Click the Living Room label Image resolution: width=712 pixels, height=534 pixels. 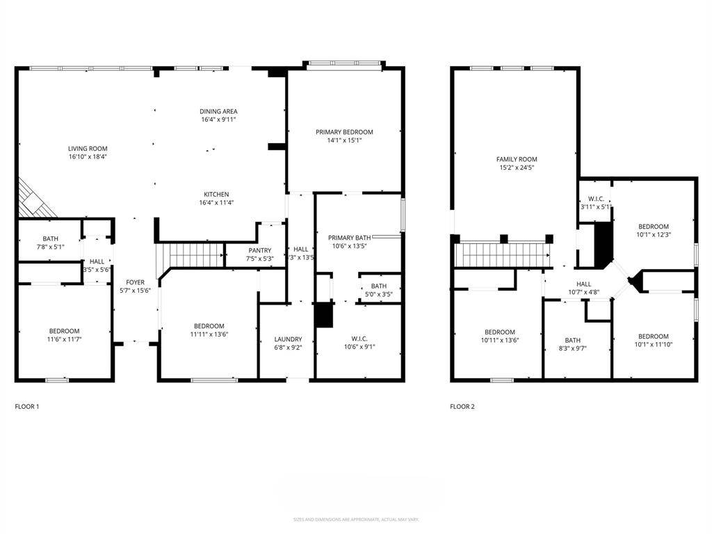(x=88, y=148)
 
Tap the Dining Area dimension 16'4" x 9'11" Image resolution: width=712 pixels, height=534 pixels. (x=219, y=120)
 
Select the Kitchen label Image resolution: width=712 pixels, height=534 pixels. (x=216, y=194)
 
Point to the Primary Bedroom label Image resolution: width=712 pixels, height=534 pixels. (x=344, y=131)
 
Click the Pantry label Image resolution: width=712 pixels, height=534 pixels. (x=259, y=250)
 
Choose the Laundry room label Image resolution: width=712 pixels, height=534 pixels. (x=288, y=339)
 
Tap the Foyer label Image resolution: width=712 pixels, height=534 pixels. (x=135, y=282)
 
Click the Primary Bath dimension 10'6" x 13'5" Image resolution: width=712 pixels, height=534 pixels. (x=349, y=245)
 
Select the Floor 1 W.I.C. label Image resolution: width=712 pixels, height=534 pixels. (x=359, y=339)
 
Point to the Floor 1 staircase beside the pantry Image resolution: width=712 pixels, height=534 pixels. (x=195, y=255)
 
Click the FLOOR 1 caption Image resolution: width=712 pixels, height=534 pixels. (x=27, y=406)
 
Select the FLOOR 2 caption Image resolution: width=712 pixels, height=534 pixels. (x=462, y=406)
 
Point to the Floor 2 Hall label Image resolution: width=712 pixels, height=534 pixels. (x=584, y=284)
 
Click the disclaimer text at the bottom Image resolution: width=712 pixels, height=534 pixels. (x=355, y=519)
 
